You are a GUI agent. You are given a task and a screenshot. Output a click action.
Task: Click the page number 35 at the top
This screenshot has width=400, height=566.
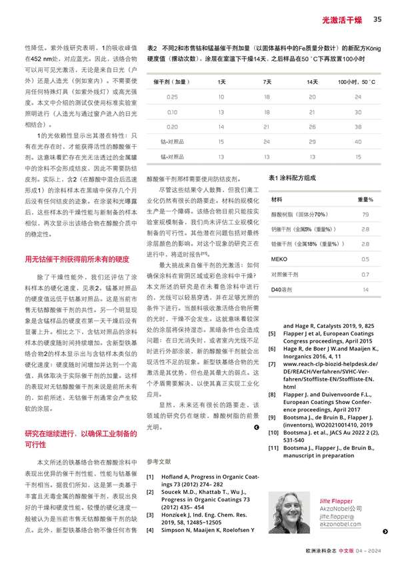[377, 19]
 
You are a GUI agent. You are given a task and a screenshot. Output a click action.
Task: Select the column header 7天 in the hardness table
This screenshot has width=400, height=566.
[267, 82]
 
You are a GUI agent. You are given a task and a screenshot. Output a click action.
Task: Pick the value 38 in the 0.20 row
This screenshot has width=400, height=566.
[358, 127]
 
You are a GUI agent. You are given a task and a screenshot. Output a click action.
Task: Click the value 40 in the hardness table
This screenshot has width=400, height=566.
[358, 142]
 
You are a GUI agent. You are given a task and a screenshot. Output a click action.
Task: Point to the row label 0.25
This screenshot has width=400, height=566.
[172, 97]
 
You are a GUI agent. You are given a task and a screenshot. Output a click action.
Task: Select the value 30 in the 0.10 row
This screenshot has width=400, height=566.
[358, 112]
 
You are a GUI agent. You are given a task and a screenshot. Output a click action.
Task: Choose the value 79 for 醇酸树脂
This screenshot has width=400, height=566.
[365, 215]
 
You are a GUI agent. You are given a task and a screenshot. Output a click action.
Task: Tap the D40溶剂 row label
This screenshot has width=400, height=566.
[281, 289]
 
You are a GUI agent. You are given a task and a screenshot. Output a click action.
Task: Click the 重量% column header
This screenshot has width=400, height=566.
[365, 199]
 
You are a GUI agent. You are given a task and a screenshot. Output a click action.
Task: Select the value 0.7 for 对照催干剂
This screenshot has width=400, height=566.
[365, 274]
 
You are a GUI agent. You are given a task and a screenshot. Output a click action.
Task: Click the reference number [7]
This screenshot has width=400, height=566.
[271, 364]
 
